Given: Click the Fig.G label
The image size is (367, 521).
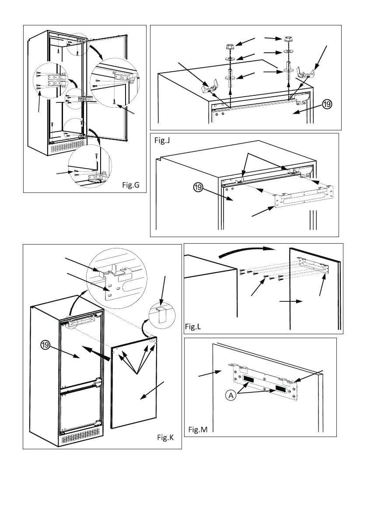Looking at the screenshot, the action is click(130, 185).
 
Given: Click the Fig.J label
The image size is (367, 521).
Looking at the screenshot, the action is click(162, 141).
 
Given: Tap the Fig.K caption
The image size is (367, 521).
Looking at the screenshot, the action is click(165, 437).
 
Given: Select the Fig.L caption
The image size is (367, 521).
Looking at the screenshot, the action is click(193, 327).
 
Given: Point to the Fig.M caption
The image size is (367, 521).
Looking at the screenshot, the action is click(198, 430).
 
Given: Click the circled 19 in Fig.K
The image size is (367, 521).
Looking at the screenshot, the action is click(45, 346).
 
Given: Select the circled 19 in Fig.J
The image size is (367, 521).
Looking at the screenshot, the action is click(198, 188).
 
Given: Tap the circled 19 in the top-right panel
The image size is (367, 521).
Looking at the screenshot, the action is click(327, 105).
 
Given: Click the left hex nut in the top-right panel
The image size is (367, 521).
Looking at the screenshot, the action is click(230, 46).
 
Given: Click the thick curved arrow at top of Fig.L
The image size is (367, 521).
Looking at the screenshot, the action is click(247, 252).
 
